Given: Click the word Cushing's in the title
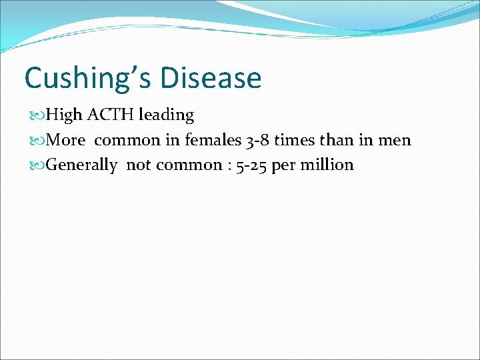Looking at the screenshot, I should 82,78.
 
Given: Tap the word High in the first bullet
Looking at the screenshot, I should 64,115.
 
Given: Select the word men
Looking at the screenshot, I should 397,141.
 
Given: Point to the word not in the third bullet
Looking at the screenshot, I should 139,165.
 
